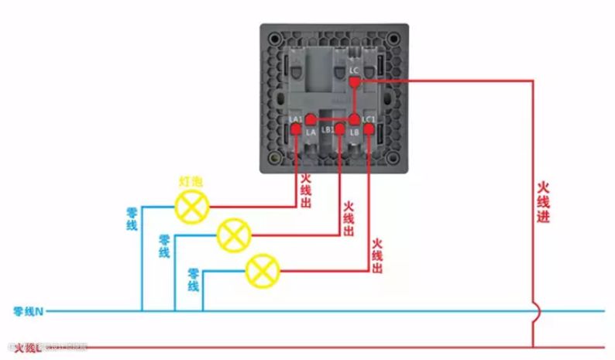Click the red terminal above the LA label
(x=311, y=119)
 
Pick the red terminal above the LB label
(x=354, y=119)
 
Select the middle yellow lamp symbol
(x=233, y=233)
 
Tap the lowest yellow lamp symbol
(x=263, y=271)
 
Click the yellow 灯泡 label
(x=191, y=181)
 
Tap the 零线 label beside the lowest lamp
(x=194, y=279)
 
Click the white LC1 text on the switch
(x=369, y=118)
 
